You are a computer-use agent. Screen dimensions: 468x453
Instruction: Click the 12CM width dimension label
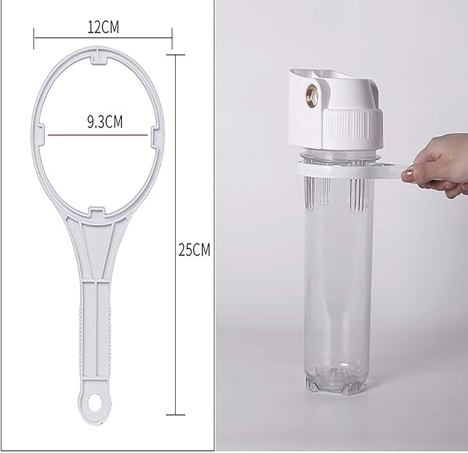(x=103, y=27)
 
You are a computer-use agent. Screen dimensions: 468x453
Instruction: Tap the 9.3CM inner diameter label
(x=105, y=122)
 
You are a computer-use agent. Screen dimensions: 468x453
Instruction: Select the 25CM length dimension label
(x=194, y=250)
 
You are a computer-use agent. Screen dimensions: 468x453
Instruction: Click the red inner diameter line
(x=98, y=135)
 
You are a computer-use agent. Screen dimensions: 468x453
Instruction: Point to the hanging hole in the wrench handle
(x=95, y=400)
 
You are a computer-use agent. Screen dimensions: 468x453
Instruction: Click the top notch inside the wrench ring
(x=99, y=59)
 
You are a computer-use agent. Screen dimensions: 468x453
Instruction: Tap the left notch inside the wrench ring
(x=41, y=135)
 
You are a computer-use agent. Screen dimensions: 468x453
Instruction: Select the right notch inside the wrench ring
(x=155, y=137)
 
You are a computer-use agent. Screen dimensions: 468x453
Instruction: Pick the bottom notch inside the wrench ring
(x=97, y=212)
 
